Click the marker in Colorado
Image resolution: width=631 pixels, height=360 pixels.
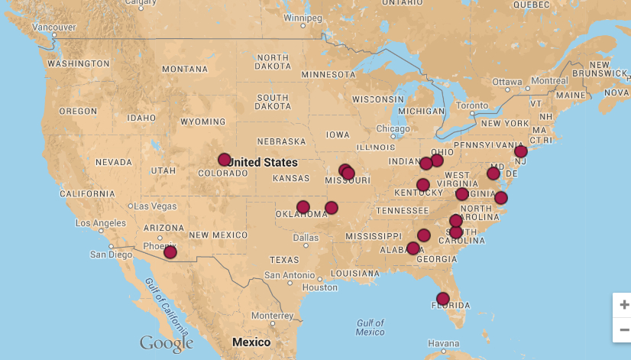pos(224,160)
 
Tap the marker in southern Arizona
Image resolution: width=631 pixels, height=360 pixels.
pos(170,252)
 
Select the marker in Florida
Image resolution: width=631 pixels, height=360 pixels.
pos(442,298)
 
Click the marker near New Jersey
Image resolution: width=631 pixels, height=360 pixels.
pos(521,151)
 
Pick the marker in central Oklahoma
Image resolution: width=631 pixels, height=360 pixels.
pos(303,207)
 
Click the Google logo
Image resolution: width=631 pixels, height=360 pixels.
pos(166,343)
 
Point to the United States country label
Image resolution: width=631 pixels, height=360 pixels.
pos(262,162)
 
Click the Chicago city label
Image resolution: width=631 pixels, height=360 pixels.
pos(393,128)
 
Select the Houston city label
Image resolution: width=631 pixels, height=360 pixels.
pos(319,287)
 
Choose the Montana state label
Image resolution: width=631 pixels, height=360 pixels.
pos(184,70)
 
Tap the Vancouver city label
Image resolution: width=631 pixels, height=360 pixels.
pos(53,27)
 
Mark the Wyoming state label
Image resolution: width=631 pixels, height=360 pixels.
pos(202,122)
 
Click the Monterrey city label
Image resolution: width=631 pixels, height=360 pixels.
pos(272,315)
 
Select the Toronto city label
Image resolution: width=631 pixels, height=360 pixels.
pos(471,105)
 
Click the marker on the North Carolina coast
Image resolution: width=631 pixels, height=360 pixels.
pos(500,198)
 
